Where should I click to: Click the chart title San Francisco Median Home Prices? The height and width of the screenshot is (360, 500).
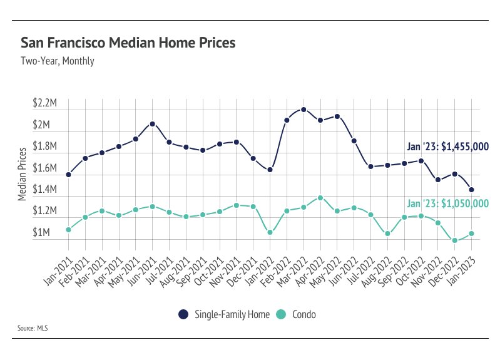click(128, 43)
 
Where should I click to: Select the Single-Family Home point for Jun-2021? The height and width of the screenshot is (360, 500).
click(152, 124)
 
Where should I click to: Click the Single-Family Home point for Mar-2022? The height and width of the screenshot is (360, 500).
click(304, 110)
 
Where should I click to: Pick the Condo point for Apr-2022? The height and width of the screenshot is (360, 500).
click(320, 198)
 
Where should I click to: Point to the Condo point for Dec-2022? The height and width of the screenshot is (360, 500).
click(455, 240)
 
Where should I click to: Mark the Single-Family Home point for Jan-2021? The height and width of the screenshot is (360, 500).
click(68, 175)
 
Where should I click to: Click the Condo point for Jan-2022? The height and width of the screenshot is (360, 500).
click(270, 232)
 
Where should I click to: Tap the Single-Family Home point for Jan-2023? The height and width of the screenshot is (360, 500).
click(471, 190)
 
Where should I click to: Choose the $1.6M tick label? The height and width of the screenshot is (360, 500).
click(46, 168)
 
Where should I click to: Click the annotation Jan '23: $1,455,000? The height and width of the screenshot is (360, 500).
click(447, 147)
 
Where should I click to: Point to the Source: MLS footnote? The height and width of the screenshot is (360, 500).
click(34, 327)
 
